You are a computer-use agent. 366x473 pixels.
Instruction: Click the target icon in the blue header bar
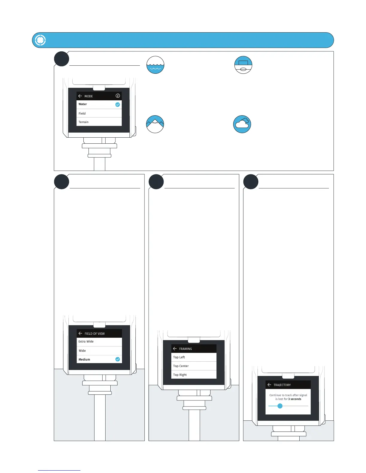tap(40, 40)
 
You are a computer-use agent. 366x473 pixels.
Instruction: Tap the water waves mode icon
tap(155, 65)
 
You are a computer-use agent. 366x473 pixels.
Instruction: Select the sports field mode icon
tap(243, 65)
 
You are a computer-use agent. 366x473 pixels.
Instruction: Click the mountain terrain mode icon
tap(155, 124)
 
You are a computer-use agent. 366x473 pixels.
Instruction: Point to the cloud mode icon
tap(242, 124)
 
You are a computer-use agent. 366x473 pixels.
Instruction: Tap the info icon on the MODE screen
tap(118, 96)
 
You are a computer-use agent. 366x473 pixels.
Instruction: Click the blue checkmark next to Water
tap(118, 105)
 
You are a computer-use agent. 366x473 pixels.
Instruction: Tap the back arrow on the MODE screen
tap(80, 96)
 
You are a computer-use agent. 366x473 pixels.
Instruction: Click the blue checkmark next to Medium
tap(118, 359)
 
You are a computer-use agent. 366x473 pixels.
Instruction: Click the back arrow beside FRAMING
tap(175, 348)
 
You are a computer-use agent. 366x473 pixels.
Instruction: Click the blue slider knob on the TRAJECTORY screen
tap(280, 406)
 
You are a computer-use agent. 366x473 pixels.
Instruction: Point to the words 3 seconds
tap(295, 399)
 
